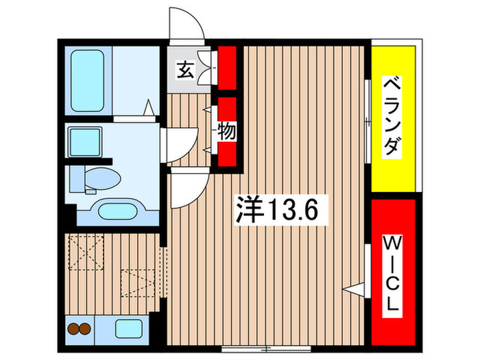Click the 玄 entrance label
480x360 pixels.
coord(184,69)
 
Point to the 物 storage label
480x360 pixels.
coord(226,130)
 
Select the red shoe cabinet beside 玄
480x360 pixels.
coord(227,67)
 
